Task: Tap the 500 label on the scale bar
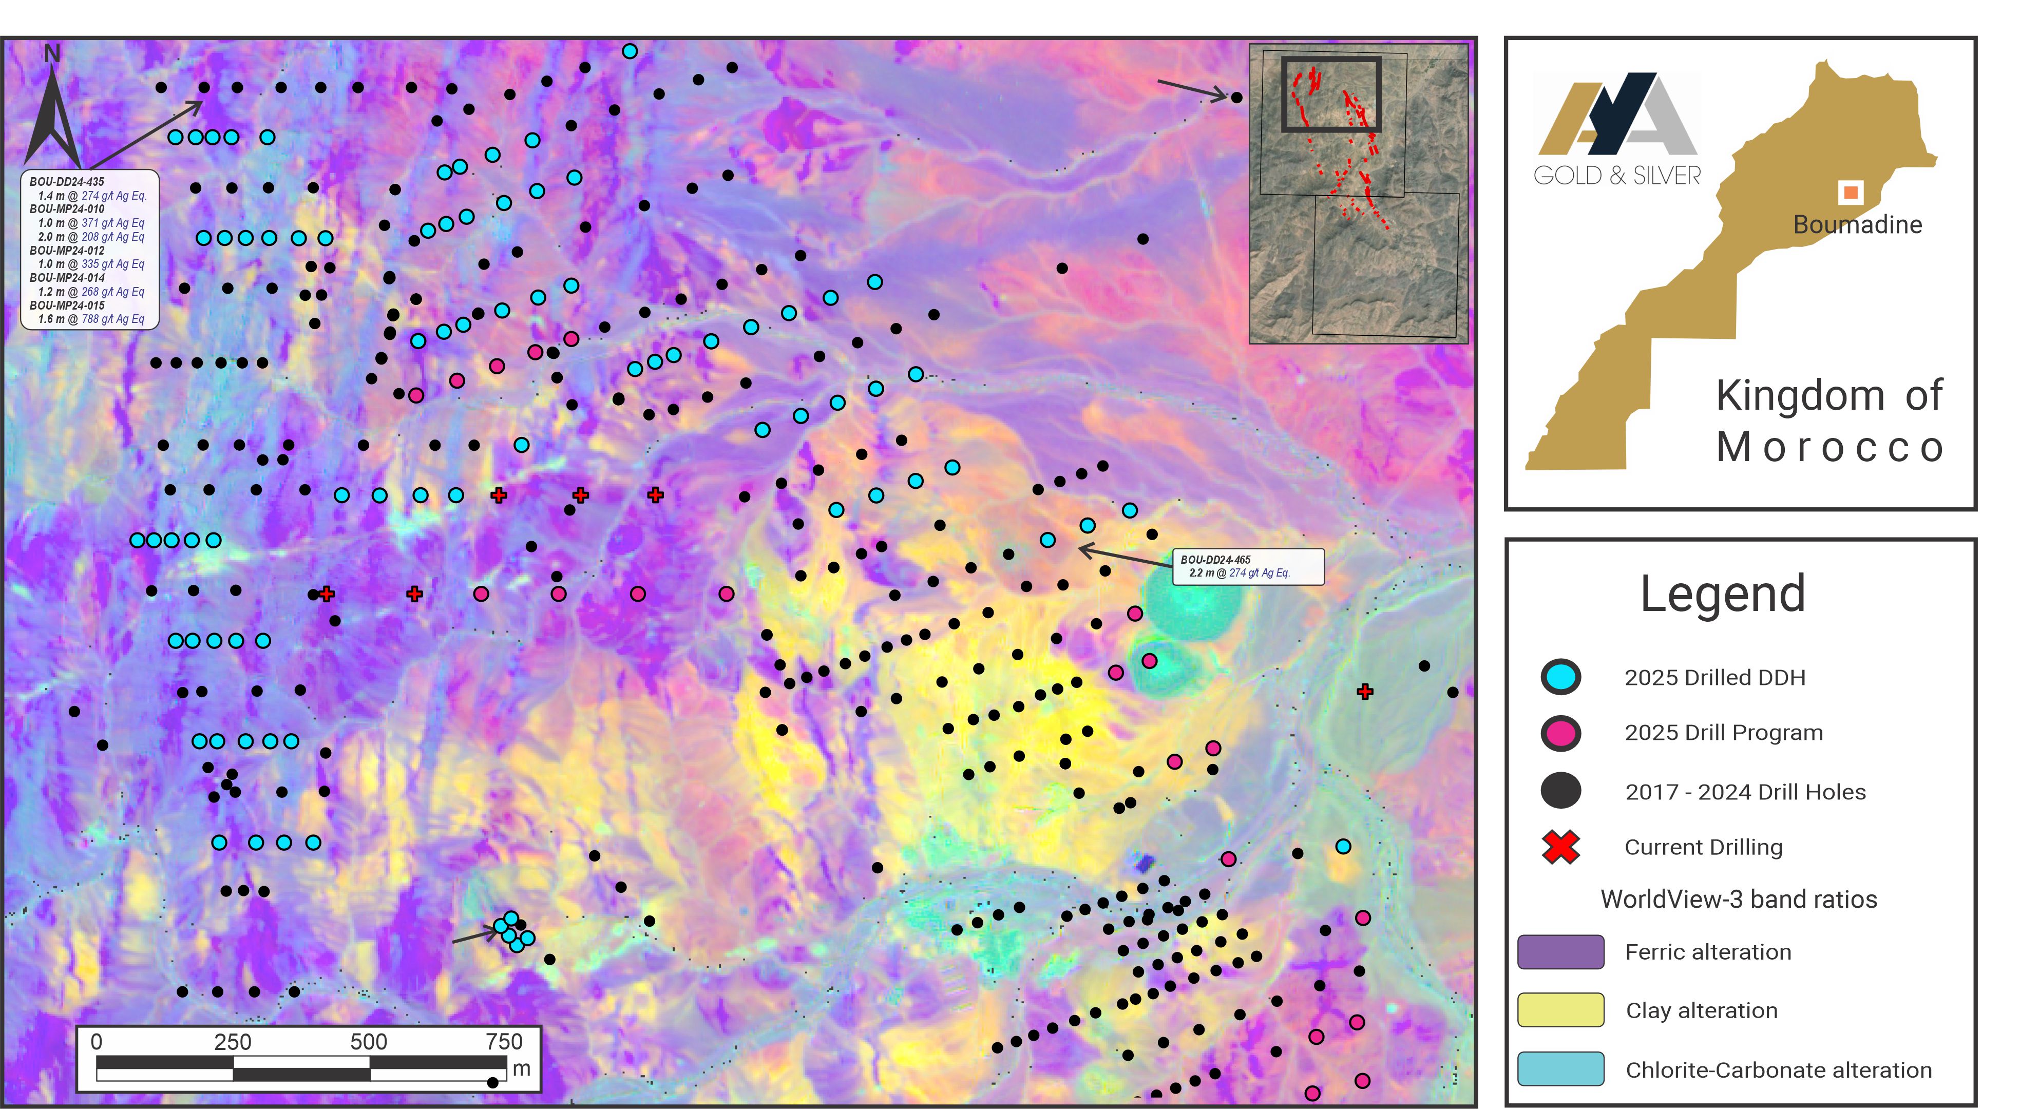[x=368, y=1042]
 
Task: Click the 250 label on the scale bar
[x=232, y=1042]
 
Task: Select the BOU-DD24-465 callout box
[x=1247, y=566]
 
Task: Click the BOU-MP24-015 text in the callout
[x=67, y=305]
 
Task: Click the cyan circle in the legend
[x=1560, y=677]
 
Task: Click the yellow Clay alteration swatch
[x=1560, y=1010]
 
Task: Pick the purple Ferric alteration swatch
[x=1560, y=951]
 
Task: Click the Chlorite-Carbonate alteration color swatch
[x=1560, y=1068]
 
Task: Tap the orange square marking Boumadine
[x=1850, y=192]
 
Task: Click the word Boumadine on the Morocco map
[x=1857, y=225]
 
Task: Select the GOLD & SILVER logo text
[x=1616, y=176]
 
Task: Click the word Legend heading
[x=1722, y=594]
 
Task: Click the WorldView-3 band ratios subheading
[x=1738, y=899]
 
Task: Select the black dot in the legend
[x=1560, y=791]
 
